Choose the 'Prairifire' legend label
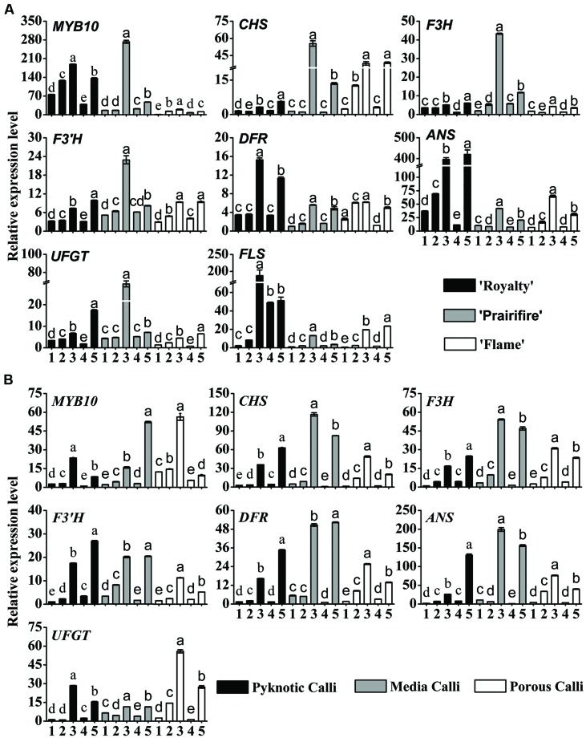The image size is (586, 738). [x=530, y=315]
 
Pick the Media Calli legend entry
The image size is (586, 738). [x=444, y=687]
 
